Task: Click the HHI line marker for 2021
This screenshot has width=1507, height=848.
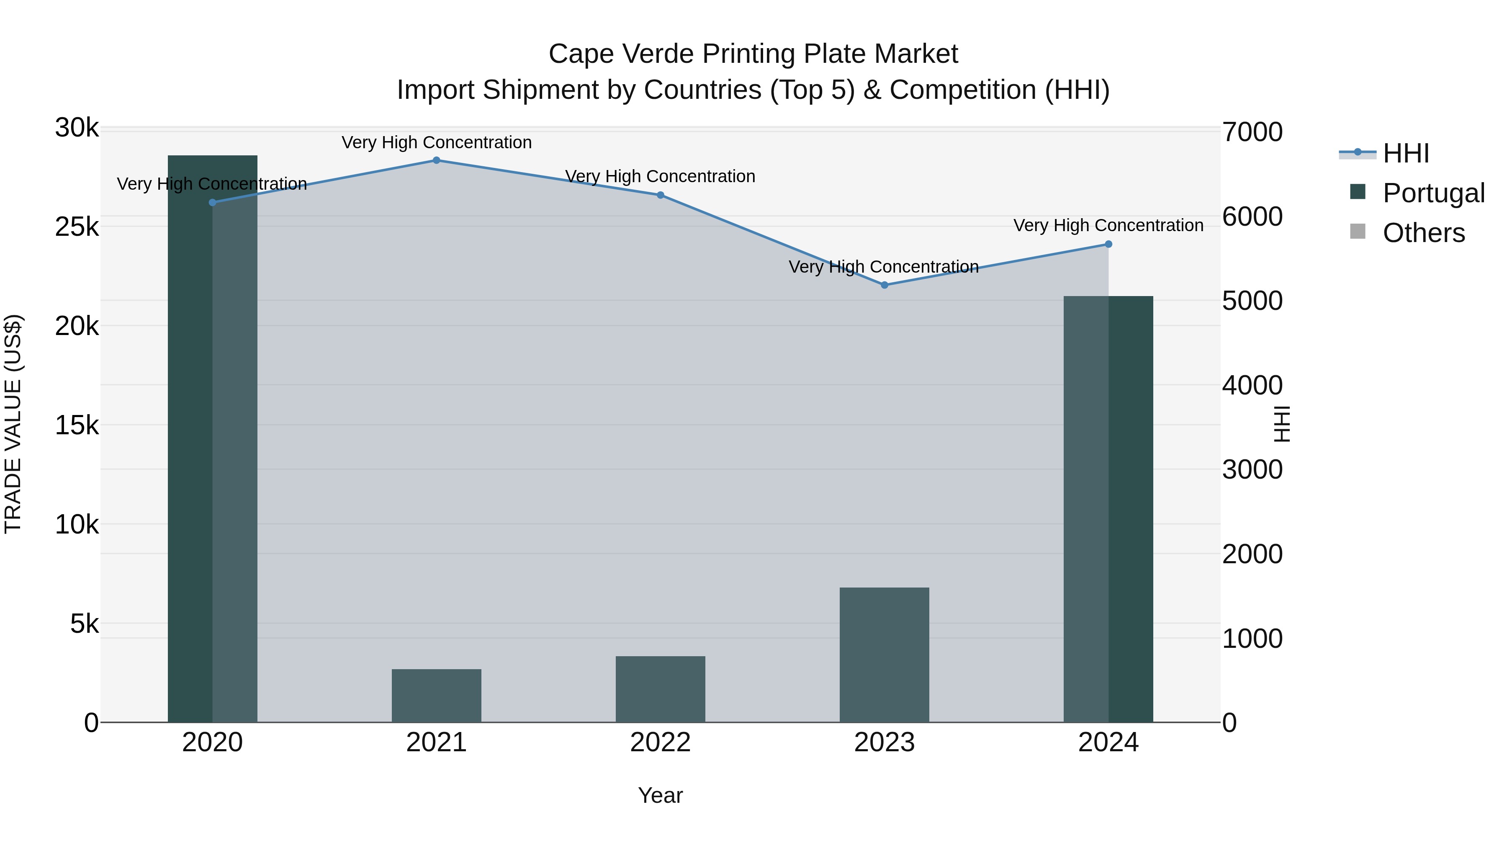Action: coord(437,160)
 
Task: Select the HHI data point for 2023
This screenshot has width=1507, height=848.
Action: coord(885,285)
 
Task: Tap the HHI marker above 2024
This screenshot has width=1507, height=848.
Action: coord(1108,244)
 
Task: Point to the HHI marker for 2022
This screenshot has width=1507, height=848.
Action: coord(661,195)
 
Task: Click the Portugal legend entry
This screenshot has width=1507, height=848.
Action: coord(1433,193)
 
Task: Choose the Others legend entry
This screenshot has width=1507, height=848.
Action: coord(1423,233)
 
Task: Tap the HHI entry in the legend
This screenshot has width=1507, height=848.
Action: coord(1406,153)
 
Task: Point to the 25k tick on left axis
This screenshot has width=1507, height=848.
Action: coord(77,227)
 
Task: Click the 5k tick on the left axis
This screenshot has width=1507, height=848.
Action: coord(84,624)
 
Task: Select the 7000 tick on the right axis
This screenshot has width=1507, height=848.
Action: coord(1252,132)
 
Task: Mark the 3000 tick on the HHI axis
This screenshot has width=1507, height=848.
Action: coord(1252,470)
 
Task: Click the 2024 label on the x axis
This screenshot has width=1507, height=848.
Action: coord(1108,742)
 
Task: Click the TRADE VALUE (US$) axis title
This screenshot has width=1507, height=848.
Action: coord(13,424)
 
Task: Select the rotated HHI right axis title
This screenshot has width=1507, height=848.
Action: coord(1281,424)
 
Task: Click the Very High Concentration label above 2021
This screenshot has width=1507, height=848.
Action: coord(437,142)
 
